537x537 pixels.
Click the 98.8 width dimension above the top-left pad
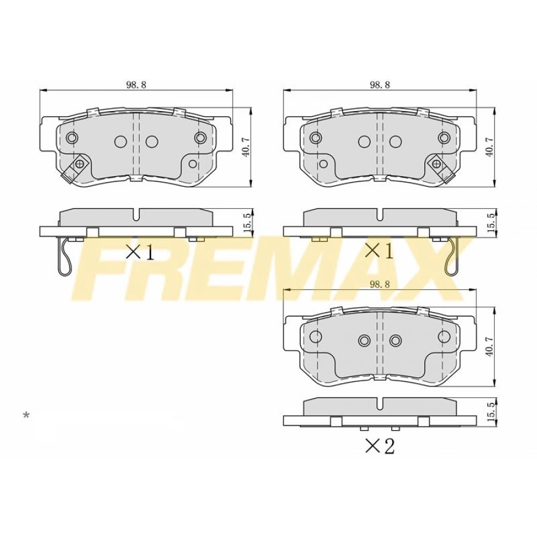136,85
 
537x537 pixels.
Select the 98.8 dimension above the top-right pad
379,85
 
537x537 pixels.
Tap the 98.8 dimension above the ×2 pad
379,285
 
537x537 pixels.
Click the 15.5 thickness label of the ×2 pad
490,413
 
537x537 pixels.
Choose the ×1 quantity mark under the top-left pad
140,251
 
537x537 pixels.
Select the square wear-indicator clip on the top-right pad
437,162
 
